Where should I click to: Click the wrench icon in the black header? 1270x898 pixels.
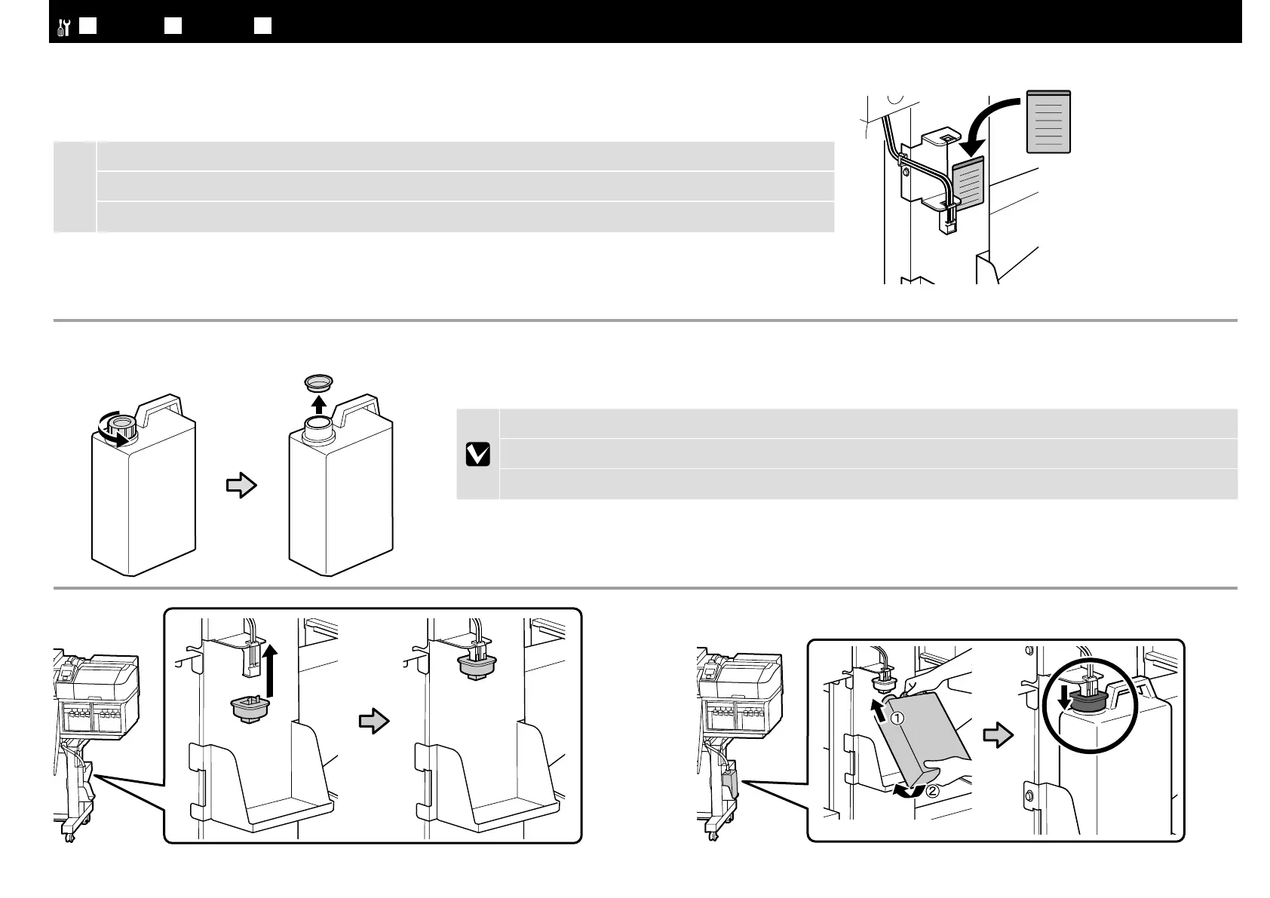pyautogui.click(x=63, y=27)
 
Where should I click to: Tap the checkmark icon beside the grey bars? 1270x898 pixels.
pyautogui.click(x=477, y=454)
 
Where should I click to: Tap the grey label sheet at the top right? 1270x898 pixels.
pyautogui.click(x=1049, y=121)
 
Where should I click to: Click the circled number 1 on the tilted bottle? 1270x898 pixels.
pyautogui.click(x=897, y=719)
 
